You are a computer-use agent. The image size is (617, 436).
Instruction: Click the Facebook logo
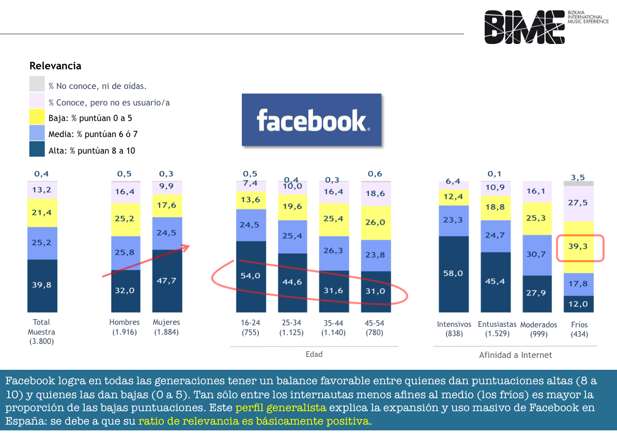[x=312, y=120]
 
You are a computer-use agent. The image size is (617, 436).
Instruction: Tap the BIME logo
[x=546, y=27]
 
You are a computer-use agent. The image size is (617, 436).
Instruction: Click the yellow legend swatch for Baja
[x=37, y=118]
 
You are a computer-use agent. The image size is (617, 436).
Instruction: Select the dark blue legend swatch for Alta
[x=37, y=149]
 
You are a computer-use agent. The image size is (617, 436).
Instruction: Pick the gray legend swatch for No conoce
[x=37, y=84]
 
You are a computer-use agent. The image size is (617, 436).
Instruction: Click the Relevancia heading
[x=55, y=66]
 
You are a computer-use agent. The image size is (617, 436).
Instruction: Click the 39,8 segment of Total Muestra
[x=42, y=285]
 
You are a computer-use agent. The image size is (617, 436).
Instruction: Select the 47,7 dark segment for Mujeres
[x=167, y=281]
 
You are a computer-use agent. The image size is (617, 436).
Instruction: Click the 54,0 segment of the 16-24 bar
[x=251, y=277]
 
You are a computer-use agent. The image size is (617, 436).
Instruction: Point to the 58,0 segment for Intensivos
[x=454, y=274]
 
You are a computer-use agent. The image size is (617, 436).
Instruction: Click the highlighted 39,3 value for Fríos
[x=578, y=247]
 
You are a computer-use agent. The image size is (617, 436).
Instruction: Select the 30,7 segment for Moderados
[x=537, y=255]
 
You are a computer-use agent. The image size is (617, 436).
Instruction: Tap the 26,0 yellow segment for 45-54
[x=376, y=223]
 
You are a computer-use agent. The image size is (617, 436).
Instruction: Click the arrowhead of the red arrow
[x=186, y=247]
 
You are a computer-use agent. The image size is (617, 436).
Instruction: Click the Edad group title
[x=314, y=354]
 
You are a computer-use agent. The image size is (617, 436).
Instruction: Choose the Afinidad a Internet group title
[x=516, y=355]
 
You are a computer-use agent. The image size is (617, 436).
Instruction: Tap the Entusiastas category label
[x=497, y=324]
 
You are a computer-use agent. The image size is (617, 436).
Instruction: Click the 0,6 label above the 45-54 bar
[x=375, y=174]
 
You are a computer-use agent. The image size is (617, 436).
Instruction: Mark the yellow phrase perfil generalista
[x=281, y=408]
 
